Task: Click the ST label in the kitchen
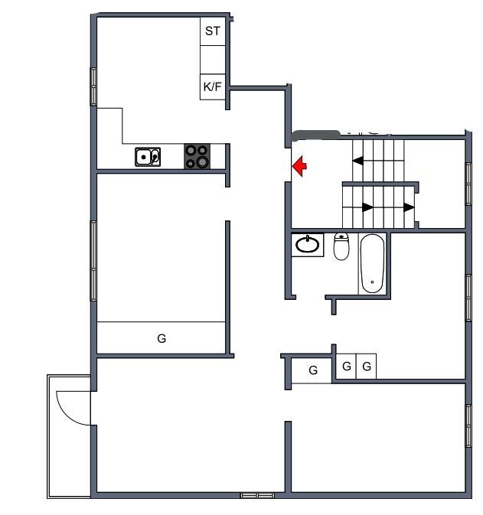click(x=212, y=31)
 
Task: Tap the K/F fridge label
click(x=212, y=86)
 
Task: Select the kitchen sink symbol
click(x=148, y=157)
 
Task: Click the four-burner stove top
click(x=197, y=156)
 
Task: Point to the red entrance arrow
click(x=299, y=166)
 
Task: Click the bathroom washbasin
click(x=308, y=245)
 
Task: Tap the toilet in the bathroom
click(x=341, y=246)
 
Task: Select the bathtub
click(x=372, y=263)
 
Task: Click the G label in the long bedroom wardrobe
click(x=162, y=338)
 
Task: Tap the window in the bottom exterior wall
click(x=257, y=495)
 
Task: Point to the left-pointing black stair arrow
click(x=357, y=161)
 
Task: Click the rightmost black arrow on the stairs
click(x=409, y=207)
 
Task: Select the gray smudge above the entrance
click(x=316, y=135)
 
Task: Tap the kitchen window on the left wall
click(x=93, y=86)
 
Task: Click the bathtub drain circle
click(x=372, y=282)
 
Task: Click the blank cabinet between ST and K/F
click(x=213, y=60)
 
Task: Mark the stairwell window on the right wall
click(x=468, y=184)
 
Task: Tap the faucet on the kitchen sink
click(x=154, y=156)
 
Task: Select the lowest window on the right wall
click(x=468, y=426)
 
